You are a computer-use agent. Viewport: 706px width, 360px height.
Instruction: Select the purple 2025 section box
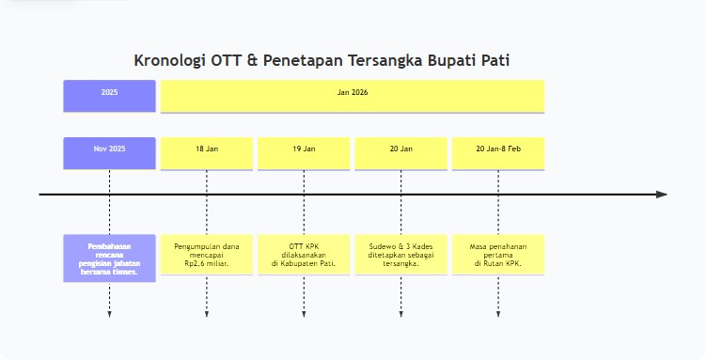click(109, 96)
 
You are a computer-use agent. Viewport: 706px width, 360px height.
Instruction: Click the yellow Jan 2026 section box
click(352, 96)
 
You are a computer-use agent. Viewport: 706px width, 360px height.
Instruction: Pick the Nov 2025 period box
click(109, 153)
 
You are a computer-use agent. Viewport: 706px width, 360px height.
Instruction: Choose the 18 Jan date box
click(207, 153)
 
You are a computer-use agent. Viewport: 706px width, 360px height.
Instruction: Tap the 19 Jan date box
click(304, 153)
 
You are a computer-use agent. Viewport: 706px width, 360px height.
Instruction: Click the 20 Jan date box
click(401, 153)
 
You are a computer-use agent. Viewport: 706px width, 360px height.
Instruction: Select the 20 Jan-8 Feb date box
click(498, 153)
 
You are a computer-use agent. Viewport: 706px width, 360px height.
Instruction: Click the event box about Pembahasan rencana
click(109, 258)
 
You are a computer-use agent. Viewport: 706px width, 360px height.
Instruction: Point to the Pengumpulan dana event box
click(207, 254)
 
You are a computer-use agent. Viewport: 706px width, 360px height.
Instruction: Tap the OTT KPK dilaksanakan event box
click(304, 254)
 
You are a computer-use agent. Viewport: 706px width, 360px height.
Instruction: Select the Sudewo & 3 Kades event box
click(401, 254)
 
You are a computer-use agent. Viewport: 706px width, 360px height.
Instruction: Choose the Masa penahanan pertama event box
click(498, 254)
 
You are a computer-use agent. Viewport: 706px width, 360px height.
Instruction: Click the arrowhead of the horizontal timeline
click(662, 195)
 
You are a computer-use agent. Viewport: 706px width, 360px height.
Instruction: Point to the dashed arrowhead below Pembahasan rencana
click(109, 313)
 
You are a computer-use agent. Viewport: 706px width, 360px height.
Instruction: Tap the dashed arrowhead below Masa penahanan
click(498, 313)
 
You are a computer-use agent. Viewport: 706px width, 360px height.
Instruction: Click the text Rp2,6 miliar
click(207, 263)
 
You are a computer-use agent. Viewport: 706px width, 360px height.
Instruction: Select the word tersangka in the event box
click(401, 263)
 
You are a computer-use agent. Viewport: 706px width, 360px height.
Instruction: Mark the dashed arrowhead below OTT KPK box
click(304, 313)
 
